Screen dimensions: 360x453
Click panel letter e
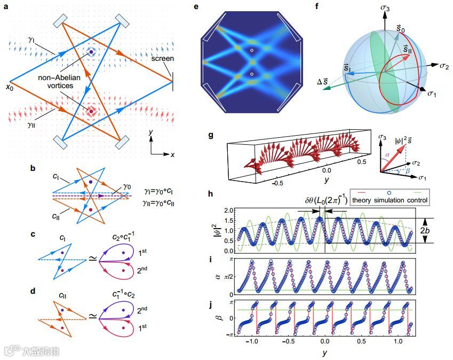click(197, 7)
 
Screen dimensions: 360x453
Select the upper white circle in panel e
click(252, 51)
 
